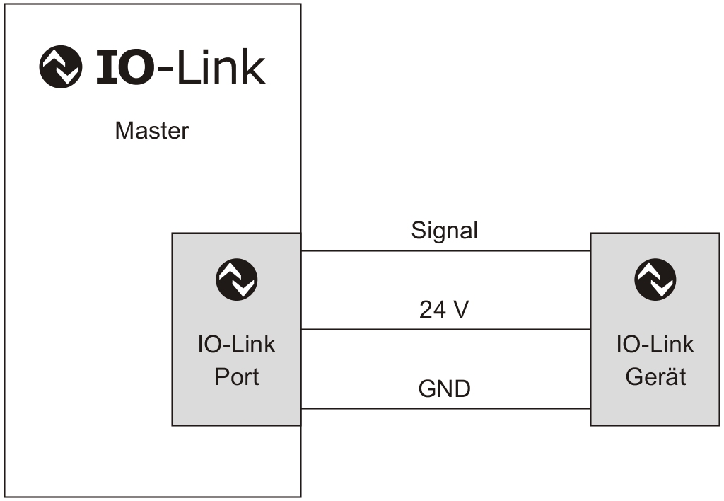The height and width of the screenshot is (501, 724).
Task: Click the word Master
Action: pyautogui.click(x=152, y=131)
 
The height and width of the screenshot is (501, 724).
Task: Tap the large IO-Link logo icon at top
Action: pyautogui.click(x=60, y=67)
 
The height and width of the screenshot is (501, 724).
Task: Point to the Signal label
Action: pyautogui.click(x=445, y=231)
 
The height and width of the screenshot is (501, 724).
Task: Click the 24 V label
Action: pyautogui.click(x=444, y=310)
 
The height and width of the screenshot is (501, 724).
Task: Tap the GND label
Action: pyautogui.click(x=445, y=389)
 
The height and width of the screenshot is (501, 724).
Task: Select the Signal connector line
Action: pyautogui.click(x=445, y=251)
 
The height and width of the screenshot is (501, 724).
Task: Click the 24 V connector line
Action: pyautogui.click(x=445, y=329)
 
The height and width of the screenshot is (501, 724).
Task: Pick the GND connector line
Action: pyautogui.click(x=445, y=408)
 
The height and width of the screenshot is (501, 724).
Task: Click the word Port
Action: pyautogui.click(x=237, y=376)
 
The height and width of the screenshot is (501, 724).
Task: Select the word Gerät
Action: pyautogui.click(x=655, y=376)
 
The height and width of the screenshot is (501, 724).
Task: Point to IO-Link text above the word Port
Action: pyautogui.click(x=237, y=345)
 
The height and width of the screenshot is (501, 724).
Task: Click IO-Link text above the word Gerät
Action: pyautogui.click(x=655, y=345)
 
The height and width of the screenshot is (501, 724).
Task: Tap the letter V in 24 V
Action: pyautogui.click(x=460, y=310)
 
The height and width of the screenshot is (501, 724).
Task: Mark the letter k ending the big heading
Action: pyautogui.click(x=252, y=68)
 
